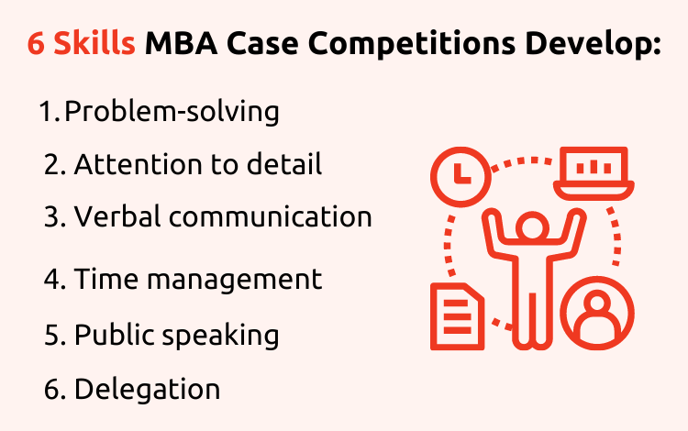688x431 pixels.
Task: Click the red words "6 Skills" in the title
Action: pyautogui.click(x=81, y=43)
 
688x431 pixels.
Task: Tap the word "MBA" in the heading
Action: pyautogui.click(x=182, y=43)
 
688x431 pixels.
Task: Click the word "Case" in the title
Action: pyautogui.click(x=263, y=43)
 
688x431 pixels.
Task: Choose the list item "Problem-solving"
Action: pyautogui.click(x=172, y=112)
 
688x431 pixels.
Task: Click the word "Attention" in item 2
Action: pyautogui.click(x=139, y=164)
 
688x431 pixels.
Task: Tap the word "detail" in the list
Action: pyautogui.click(x=284, y=164)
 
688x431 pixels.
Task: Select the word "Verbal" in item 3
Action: pyautogui.click(x=118, y=216)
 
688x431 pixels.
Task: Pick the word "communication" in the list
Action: pyautogui.click(x=271, y=216)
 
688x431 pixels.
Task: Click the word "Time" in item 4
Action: pyautogui.click(x=106, y=279)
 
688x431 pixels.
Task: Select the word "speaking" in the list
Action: pyautogui.click(x=221, y=336)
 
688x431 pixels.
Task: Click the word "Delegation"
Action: pyautogui.click(x=147, y=390)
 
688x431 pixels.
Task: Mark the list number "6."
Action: pyautogui.click(x=55, y=390)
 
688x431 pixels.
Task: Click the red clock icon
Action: pyautogui.click(x=461, y=177)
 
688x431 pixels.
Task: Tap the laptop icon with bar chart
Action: pyautogui.click(x=594, y=173)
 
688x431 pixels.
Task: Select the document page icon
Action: pyautogui.click(x=458, y=316)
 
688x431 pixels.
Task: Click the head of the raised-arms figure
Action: pyautogui.click(x=533, y=227)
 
